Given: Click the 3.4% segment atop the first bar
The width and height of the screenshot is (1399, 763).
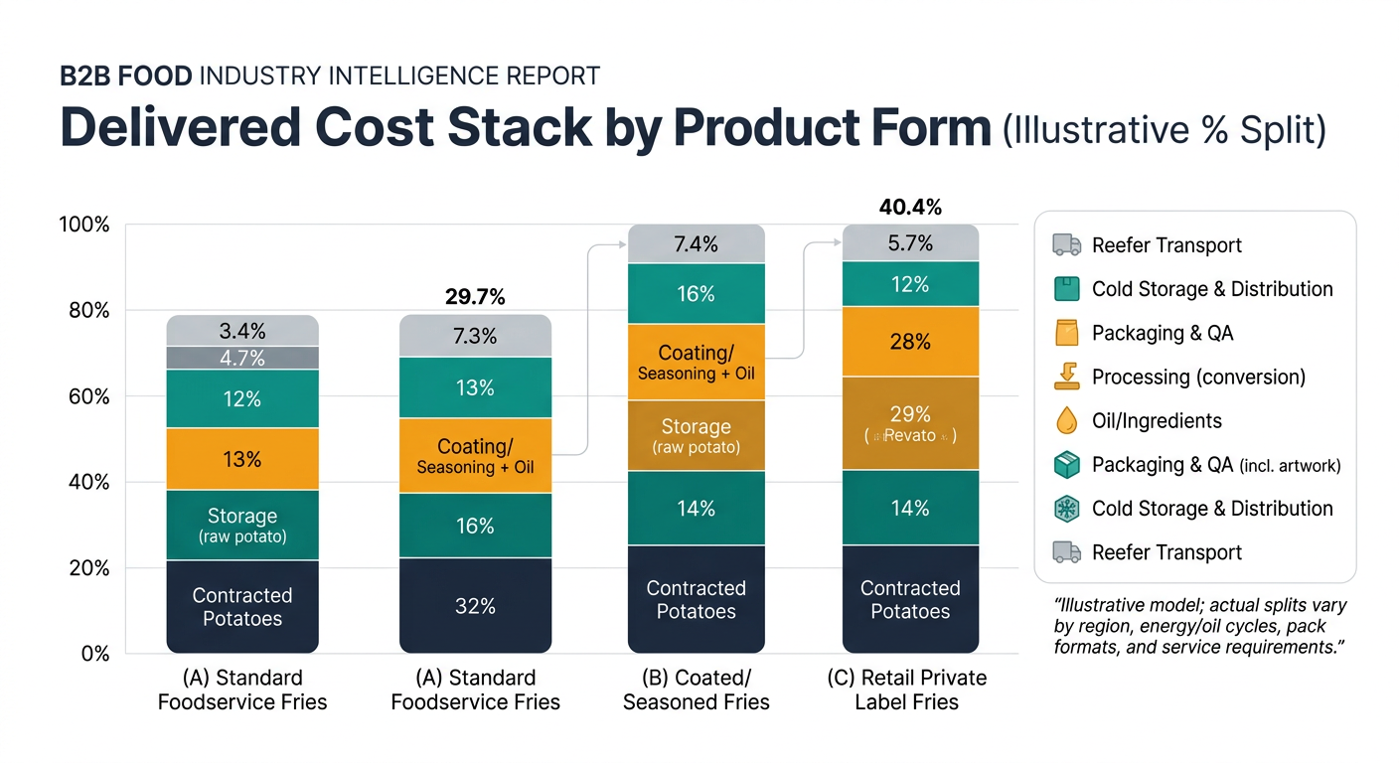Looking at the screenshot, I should pos(242,331).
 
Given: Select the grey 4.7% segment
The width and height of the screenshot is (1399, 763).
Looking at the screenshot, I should pos(242,358).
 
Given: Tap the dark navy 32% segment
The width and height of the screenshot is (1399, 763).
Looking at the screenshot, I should pos(475,605).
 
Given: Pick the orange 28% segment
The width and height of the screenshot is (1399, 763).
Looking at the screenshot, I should pos(910,342).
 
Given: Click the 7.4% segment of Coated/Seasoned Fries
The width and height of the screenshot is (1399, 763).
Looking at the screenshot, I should pos(696,244).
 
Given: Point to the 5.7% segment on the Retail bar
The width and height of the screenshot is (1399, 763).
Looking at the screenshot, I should pos(910,244).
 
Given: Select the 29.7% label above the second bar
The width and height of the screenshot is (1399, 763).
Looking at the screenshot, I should pos(475,297).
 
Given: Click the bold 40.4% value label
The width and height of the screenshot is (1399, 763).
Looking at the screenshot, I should pos(910,208).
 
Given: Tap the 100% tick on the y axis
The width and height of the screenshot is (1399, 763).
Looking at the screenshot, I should pos(84,225).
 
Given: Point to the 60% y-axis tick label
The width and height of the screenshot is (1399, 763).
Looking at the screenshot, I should pos(87,396).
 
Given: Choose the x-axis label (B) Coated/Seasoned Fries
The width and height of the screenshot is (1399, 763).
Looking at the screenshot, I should pos(696,689).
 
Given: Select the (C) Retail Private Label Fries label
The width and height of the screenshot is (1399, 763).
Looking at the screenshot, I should pos(910,689).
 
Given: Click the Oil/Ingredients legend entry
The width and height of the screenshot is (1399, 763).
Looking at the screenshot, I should pos(1157,421).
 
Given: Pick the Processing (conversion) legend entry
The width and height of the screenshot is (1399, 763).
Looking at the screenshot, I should pos(1198,378).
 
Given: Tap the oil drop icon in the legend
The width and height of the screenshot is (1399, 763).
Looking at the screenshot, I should pos(1066,421).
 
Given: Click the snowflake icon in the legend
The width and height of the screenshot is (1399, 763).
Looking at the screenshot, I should pos(1066,509).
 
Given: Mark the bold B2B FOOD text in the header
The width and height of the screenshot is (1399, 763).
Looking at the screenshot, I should pos(126,76).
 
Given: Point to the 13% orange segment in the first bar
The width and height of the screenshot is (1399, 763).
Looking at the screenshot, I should pos(242,459).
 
